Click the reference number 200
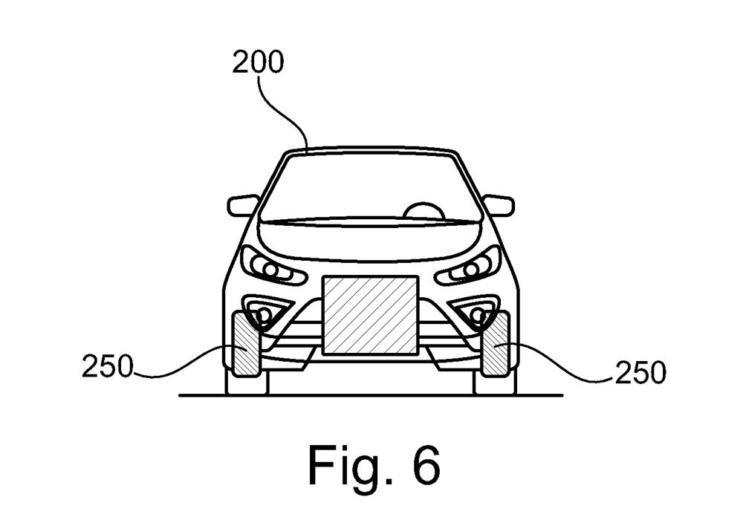point(258,62)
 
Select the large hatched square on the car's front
point(371,316)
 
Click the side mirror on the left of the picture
point(243,206)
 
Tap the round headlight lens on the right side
point(472,270)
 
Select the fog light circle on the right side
point(479,314)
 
